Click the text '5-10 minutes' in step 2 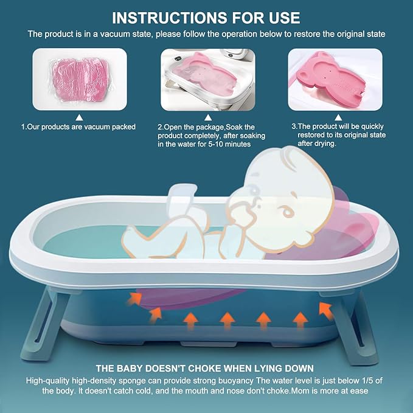(221, 144)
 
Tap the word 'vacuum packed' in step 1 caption (108, 127)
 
